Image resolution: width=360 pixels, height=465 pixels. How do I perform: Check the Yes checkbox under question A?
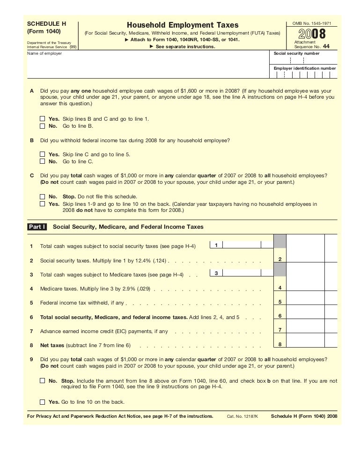coord(43,119)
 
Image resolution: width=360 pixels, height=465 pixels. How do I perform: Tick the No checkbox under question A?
coord(43,126)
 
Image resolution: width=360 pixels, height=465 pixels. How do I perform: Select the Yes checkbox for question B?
coord(43,154)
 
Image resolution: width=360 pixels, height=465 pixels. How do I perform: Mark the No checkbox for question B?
coord(43,161)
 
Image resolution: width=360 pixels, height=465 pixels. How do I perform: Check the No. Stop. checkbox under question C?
coord(43,196)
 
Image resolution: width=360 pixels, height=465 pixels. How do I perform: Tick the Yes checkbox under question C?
coord(43,204)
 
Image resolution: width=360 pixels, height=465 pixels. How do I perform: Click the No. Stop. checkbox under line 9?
coord(43,381)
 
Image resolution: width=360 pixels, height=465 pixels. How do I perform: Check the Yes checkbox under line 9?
coord(43,402)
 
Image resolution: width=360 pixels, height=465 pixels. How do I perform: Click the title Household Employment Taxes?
coord(182,25)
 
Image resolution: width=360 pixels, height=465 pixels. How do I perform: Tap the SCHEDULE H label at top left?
coord(47,23)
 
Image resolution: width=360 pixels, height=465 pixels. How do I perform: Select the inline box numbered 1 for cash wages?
coord(216,245)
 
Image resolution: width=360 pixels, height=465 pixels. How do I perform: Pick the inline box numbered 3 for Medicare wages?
coord(216,273)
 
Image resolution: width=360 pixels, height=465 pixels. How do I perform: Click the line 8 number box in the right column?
coord(279,345)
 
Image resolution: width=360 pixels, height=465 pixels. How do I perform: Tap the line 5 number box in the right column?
coord(279,302)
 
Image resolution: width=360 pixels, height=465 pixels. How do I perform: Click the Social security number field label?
coord(296,53)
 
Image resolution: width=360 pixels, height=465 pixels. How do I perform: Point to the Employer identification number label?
coord(305,68)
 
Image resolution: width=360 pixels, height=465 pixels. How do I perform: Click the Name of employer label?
coord(44,53)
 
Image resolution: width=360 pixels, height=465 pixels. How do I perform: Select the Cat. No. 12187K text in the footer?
coord(242,415)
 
